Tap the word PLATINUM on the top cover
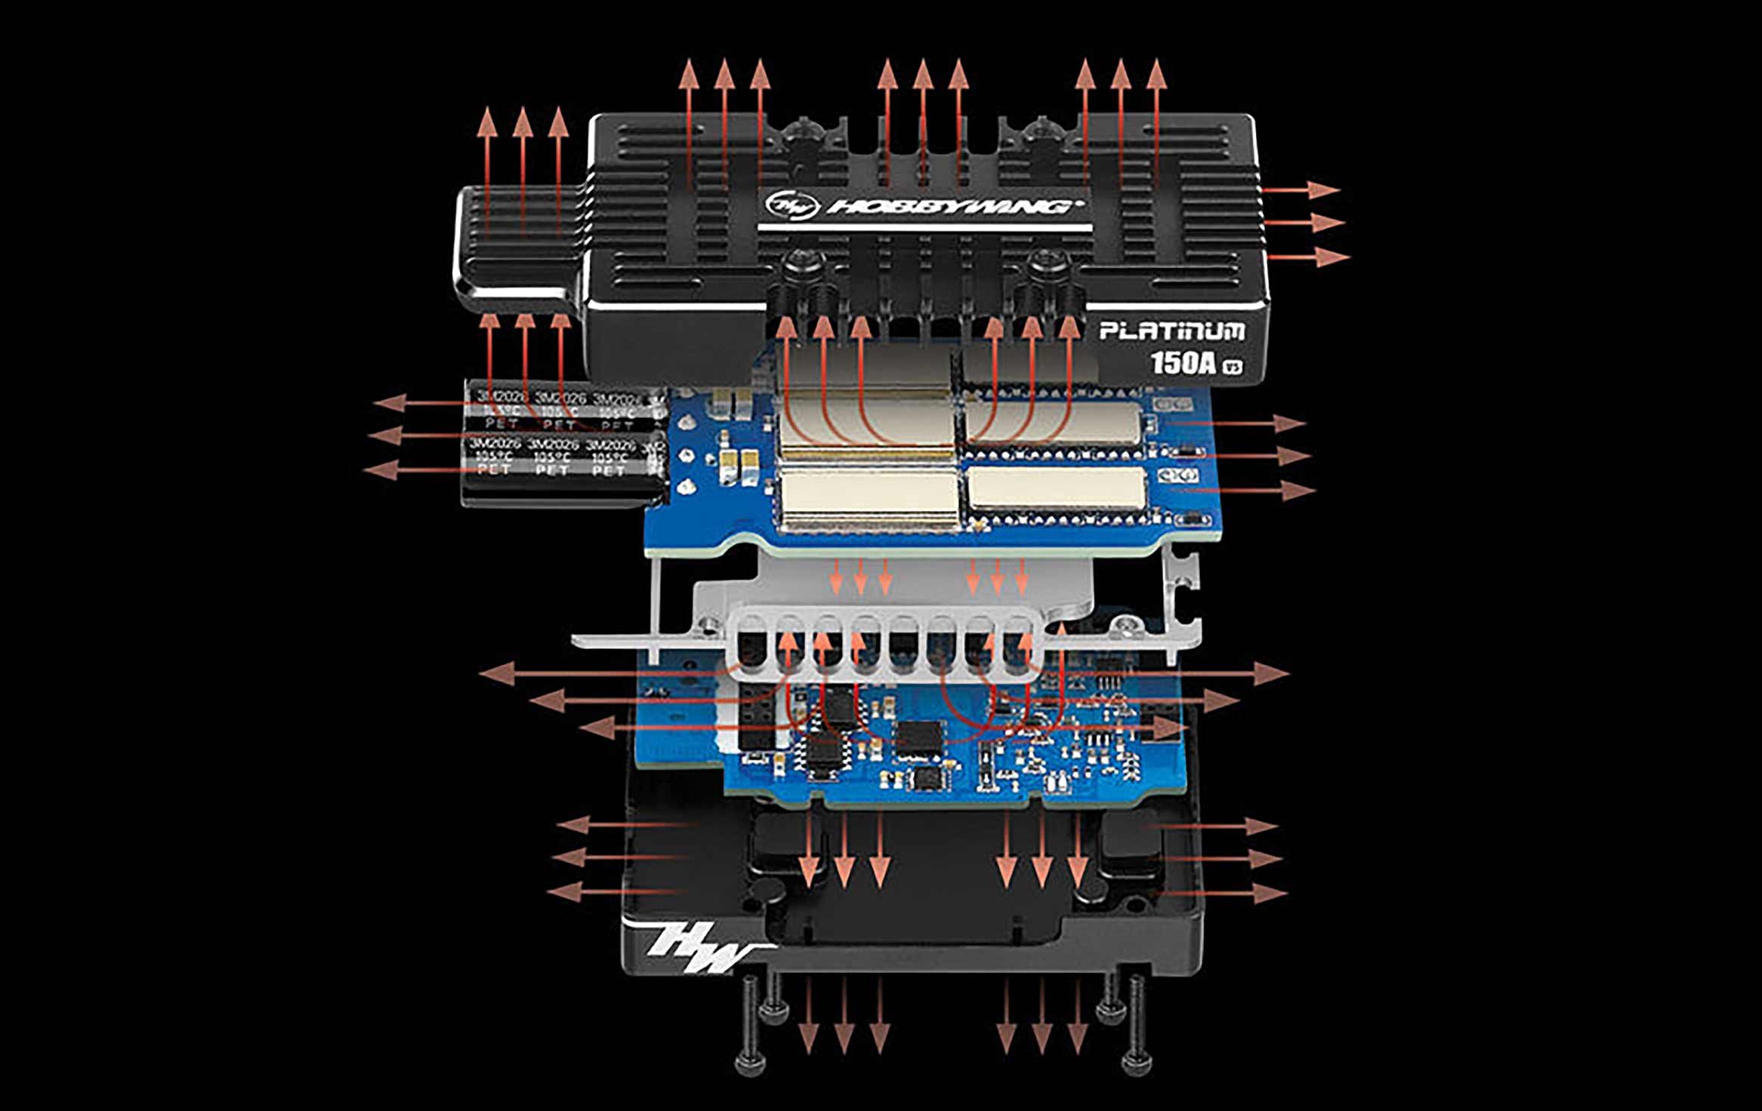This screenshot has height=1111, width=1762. click(1171, 331)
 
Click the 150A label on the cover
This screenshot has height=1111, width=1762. click(1183, 363)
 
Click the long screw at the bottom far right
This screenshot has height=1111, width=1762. click(1137, 1026)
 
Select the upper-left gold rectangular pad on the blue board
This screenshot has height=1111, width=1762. click(867, 421)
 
